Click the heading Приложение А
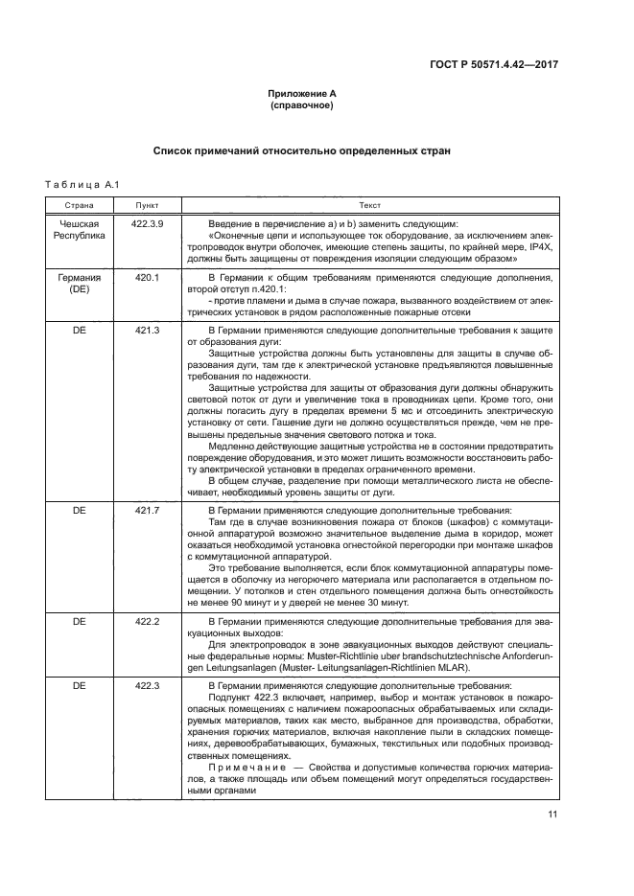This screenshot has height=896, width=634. (301, 94)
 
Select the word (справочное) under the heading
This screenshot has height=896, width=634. (301, 105)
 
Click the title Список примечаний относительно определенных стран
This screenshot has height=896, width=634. (301, 151)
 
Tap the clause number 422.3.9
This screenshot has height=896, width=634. (148, 222)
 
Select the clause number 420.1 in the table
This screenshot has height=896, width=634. (148, 278)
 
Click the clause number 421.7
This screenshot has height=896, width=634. (148, 511)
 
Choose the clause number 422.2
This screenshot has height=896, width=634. (148, 622)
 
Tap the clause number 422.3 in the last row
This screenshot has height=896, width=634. (148, 685)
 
